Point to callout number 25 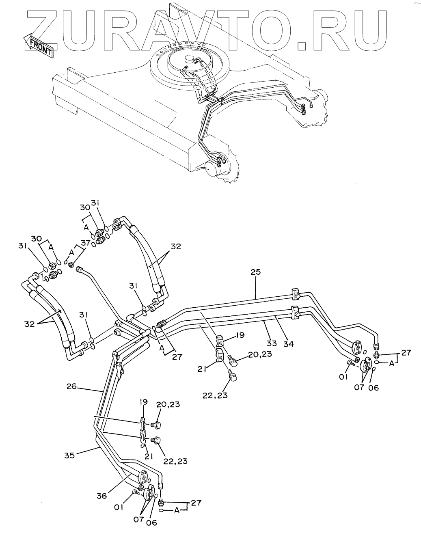(256, 272)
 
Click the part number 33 (271, 343)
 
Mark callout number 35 (69, 455)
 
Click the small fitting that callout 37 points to (71, 265)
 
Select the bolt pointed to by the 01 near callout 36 (136, 492)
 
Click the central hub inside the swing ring (189, 59)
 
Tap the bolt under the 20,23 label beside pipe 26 (156, 425)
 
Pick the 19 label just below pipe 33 (240, 335)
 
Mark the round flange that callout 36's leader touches (144, 476)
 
